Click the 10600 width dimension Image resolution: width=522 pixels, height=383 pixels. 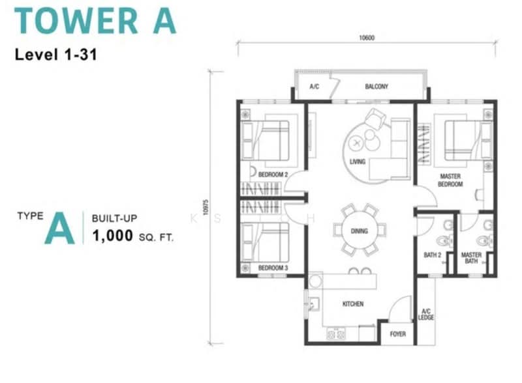(x=366, y=37)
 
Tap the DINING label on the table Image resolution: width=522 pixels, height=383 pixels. (x=358, y=231)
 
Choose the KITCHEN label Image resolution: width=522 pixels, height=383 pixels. (x=353, y=304)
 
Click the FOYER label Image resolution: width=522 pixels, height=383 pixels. (x=398, y=334)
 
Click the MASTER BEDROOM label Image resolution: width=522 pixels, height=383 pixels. (x=450, y=180)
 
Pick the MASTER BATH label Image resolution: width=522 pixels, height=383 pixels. (x=471, y=258)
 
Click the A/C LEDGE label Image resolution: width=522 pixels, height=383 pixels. (x=426, y=314)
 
